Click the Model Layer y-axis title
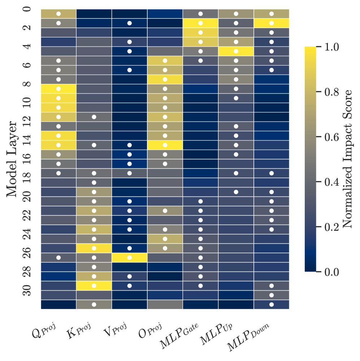pos(13,159)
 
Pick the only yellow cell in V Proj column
pos(129,257)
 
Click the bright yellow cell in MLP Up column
pos(236,51)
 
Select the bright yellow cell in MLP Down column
pos(271,23)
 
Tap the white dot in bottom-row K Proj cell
pos(94,304)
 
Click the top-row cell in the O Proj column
pos(165,14)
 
